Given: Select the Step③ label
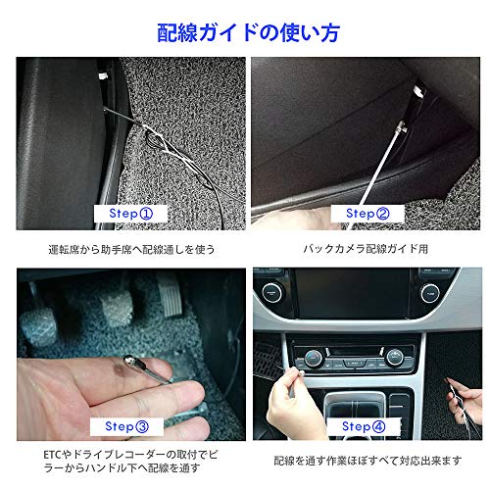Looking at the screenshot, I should coord(127,426).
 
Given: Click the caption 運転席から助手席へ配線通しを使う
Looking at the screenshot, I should coord(131,249).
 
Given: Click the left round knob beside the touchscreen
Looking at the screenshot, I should coord(270,291).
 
